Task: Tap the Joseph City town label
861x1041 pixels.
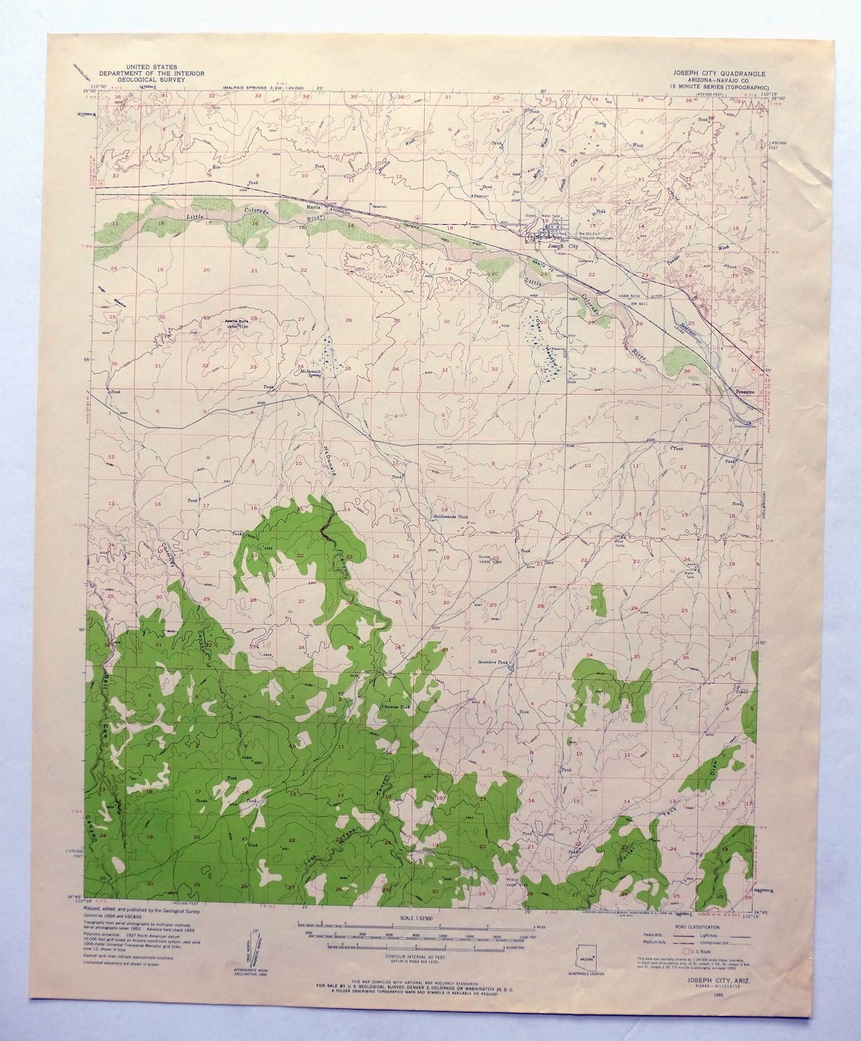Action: pos(562,246)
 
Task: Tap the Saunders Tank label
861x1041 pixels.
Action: pos(494,663)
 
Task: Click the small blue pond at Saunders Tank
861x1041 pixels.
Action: pos(512,664)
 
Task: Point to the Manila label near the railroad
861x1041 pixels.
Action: pos(314,208)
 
